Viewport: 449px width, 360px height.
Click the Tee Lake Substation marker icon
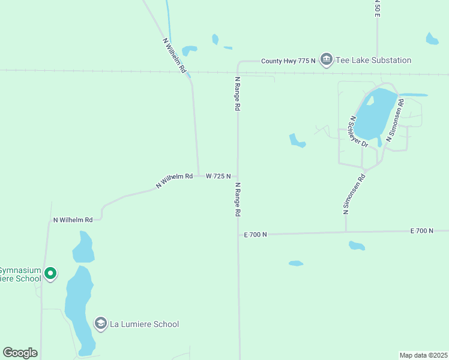point(327,60)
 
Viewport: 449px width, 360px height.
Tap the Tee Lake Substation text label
point(373,60)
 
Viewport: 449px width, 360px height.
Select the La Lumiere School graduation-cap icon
point(101,324)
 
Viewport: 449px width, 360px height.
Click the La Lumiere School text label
point(144,324)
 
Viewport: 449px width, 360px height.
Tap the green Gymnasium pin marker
point(50,274)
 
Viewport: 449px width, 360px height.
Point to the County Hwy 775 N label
point(288,61)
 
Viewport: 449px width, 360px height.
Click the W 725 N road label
point(218,176)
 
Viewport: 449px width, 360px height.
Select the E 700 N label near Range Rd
point(255,235)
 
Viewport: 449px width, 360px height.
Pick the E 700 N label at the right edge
point(422,230)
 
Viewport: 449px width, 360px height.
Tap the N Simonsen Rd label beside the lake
point(396,121)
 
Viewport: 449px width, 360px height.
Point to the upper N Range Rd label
point(237,93)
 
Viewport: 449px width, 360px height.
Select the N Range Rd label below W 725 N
point(238,200)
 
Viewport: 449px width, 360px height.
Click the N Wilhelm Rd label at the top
point(175,56)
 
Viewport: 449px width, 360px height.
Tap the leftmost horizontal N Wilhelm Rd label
point(73,220)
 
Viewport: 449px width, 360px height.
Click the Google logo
point(20,353)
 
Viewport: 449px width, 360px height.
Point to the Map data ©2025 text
point(423,355)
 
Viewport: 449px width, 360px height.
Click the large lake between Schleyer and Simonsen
point(375,114)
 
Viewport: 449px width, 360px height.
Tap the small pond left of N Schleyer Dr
point(297,141)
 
